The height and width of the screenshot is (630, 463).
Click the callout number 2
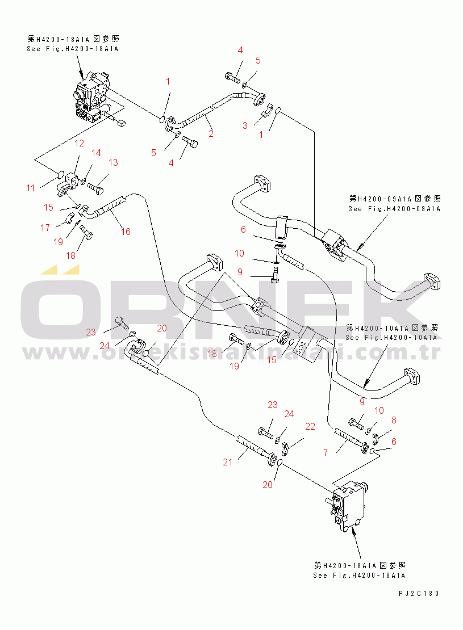click(x=211, y=134)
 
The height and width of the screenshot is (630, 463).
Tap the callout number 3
click(x=245, y=125)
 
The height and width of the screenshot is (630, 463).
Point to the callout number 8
click(x=393, y=421)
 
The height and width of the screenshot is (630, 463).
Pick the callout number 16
click(x=126, y=231)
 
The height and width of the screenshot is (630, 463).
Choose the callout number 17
click(x=45, y=228)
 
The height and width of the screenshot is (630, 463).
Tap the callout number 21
click(x=227, y=463)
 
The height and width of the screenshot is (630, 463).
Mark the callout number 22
click(x=310, y=426)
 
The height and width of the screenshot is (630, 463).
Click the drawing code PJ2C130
click(x=419, y=594)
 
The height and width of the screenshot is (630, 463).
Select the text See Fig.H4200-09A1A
click(x=395, y=208)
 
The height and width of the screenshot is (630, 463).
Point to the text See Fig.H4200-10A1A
click(x=392, y=337)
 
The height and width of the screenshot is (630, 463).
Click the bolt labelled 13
click(x=98, y=184)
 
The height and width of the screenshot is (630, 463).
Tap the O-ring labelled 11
click(x=60, y=174)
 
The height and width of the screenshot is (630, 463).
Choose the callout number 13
click(x=113, y=162)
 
